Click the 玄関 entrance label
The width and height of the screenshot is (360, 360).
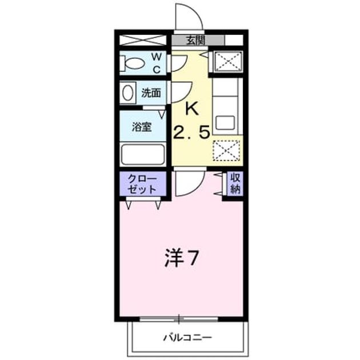point(195,41)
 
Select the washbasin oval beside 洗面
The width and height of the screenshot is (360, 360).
point(127,93)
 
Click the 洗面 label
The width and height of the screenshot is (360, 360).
point(151,93)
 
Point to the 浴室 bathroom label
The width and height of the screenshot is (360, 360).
point(142,127)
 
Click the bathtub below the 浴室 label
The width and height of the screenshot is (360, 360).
point(143,154)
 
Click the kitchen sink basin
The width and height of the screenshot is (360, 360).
point(225,122)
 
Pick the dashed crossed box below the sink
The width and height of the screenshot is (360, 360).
point(226,150)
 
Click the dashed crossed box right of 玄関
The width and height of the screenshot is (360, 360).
point(229,62)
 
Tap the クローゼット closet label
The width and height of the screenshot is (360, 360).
point(142,184)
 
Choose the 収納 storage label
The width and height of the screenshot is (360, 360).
point(235,183)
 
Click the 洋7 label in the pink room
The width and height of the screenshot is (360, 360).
point(181,258)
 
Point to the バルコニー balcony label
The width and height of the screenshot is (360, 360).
point(187,338)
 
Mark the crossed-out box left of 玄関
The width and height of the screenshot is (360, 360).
point(143,40)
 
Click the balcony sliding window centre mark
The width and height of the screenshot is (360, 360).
point(179,319)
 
